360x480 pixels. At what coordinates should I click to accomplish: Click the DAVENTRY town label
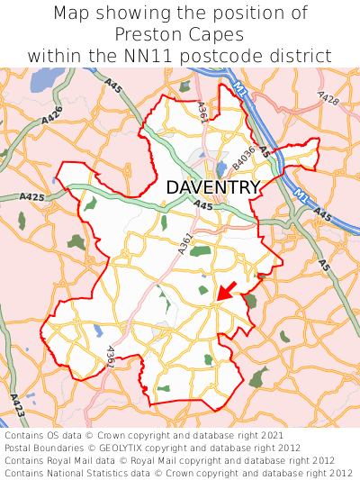tap(213, 187)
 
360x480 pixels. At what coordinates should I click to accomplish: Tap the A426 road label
tap(52, 114)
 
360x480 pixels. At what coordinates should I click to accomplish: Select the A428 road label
tap(328, 97)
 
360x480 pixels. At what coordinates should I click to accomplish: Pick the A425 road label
tap(31, 196)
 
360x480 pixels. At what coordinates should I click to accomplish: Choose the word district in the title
tap(301, 56)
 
